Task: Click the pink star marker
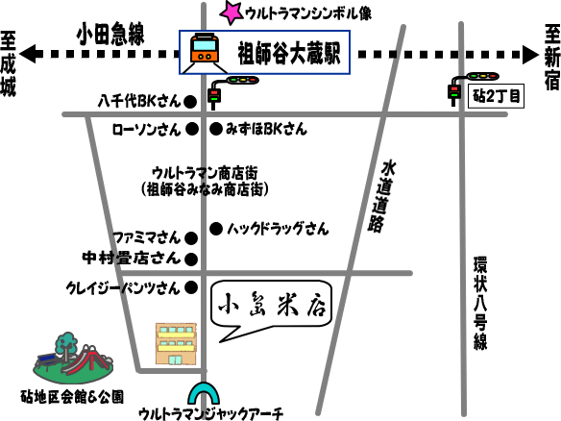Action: coord(232,13)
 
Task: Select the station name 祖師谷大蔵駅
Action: coord(289,53)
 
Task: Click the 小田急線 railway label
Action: coord(110,34)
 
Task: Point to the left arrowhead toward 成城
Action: coord(27,54)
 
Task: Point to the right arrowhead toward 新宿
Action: coord(530,55)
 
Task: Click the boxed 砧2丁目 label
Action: coord(497,96)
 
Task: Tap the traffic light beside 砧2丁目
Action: coord(473,87)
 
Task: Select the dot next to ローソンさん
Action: coord(192,129)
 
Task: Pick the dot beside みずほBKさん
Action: coord(216,129)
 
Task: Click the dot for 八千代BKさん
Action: coord(190,102)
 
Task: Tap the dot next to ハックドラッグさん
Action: coord(216,229)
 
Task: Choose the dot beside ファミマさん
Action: coord(191,238)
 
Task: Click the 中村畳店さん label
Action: coord(131,259)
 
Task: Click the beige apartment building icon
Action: coord(176,344)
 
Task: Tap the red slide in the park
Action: coord(85,359)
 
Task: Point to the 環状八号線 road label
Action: coord(480,303)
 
